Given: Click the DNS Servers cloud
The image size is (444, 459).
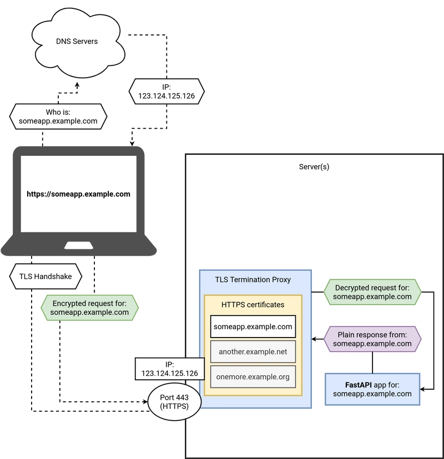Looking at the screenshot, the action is point(78,43).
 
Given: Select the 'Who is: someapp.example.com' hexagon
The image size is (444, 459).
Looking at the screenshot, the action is point(58,116).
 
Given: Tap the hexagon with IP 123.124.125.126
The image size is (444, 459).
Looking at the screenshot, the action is point(167,91).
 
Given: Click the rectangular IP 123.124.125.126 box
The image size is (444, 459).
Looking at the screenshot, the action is point(170,369).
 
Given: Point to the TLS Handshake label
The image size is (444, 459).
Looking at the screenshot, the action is point(46,276).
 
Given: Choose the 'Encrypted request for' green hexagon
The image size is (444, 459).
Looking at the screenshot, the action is point(89,308).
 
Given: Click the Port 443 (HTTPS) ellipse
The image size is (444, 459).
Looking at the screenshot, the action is point(174,402).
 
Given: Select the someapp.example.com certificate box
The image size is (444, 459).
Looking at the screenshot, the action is point(253,327).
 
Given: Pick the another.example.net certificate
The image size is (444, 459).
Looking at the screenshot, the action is point(253,351).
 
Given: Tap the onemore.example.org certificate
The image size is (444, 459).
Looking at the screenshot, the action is point(253,377).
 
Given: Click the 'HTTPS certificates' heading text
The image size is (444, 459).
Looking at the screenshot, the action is point(253,305).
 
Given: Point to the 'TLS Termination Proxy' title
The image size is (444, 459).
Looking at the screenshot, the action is point(253,279).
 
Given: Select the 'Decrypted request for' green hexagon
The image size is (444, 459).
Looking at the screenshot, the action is point(372,292).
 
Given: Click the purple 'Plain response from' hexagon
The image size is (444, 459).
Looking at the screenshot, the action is point(372,339).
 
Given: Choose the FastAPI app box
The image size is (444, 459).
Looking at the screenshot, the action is point(372,389).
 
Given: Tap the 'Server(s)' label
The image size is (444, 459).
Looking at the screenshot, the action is point(314,167).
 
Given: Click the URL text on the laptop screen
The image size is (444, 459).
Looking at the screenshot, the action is point(79,194).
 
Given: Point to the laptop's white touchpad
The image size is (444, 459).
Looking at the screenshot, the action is point(79,246).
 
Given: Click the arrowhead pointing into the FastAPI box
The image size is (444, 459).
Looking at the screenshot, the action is point(422,389).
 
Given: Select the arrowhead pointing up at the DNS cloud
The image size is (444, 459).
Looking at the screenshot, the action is point(77,85).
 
